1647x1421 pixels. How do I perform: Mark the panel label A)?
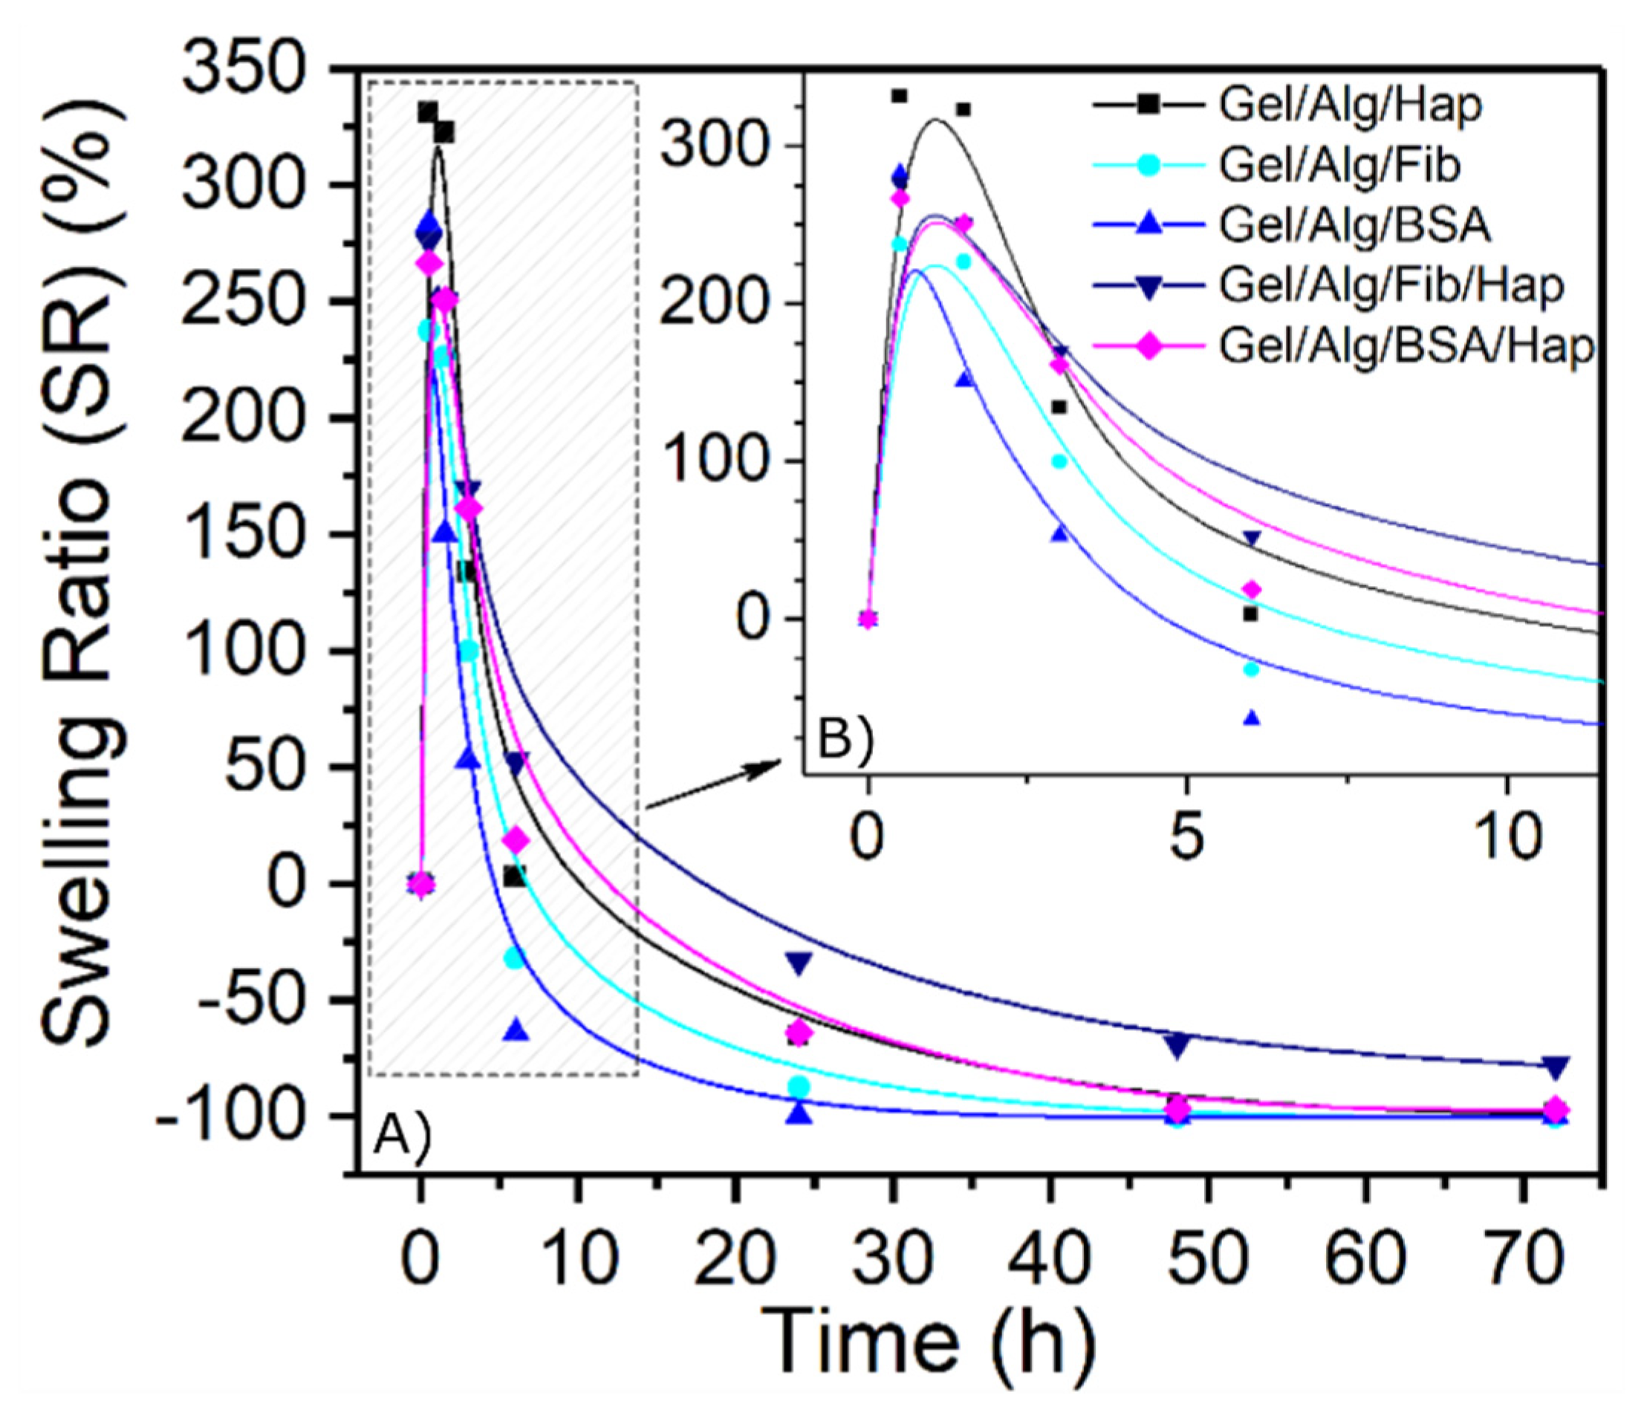click(402, 1134)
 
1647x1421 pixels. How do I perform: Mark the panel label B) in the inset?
click(845, 740)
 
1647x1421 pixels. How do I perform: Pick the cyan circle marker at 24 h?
click(799, 1087)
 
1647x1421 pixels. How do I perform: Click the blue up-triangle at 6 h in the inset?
click(1253, 718)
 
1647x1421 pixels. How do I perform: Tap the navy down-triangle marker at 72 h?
click(1556, 1066)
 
